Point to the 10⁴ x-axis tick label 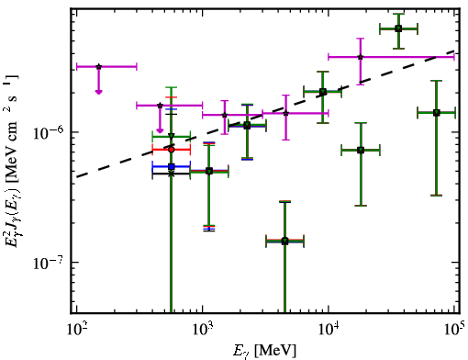coord(329,329)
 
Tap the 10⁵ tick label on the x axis coord(454,329)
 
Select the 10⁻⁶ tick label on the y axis coord(49,132)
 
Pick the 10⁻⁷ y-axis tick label coord(49,263)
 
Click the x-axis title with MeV coord(264,351)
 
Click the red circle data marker coord(172,150)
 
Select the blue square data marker coord(172,166)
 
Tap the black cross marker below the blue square coord(172,174)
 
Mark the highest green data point coord(398,28)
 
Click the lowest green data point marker coord(284,241)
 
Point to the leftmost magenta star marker coord(98,66)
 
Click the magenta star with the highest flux coord(361,57)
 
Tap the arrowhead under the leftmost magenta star coord(98,92)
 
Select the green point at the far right coord(437,113)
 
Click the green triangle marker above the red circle coord(172,136)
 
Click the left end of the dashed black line coord(76,177)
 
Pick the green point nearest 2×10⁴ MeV coord(361,150)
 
